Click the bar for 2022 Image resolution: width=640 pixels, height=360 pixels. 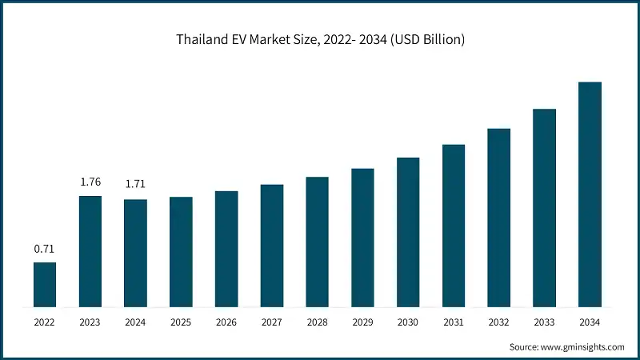pos(45,285)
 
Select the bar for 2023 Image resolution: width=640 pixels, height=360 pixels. pos(90,251)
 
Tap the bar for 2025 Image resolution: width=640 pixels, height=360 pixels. pos(181,252)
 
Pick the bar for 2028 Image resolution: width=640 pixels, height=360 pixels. pos(318,242)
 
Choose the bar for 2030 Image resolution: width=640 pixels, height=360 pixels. pos(408,233)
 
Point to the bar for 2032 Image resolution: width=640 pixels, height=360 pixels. pos(499,218)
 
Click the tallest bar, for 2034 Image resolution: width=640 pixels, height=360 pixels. pos(590,194)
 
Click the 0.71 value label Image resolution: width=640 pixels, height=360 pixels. pos(44,249)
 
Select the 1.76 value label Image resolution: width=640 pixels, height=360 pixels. pos(90,182)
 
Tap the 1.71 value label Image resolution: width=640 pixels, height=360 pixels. pos(135,186)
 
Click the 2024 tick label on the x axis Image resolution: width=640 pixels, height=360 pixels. pos(135,322)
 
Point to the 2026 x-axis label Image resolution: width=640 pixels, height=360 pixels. pos(226,322)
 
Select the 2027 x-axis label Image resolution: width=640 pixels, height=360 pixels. pos(272,322)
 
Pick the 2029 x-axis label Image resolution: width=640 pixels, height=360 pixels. pos(362,322)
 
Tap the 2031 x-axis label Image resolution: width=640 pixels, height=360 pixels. pos(454,322)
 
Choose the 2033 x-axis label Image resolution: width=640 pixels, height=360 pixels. pos(544,322)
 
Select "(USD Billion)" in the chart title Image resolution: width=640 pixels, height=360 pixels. pos(426,40)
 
